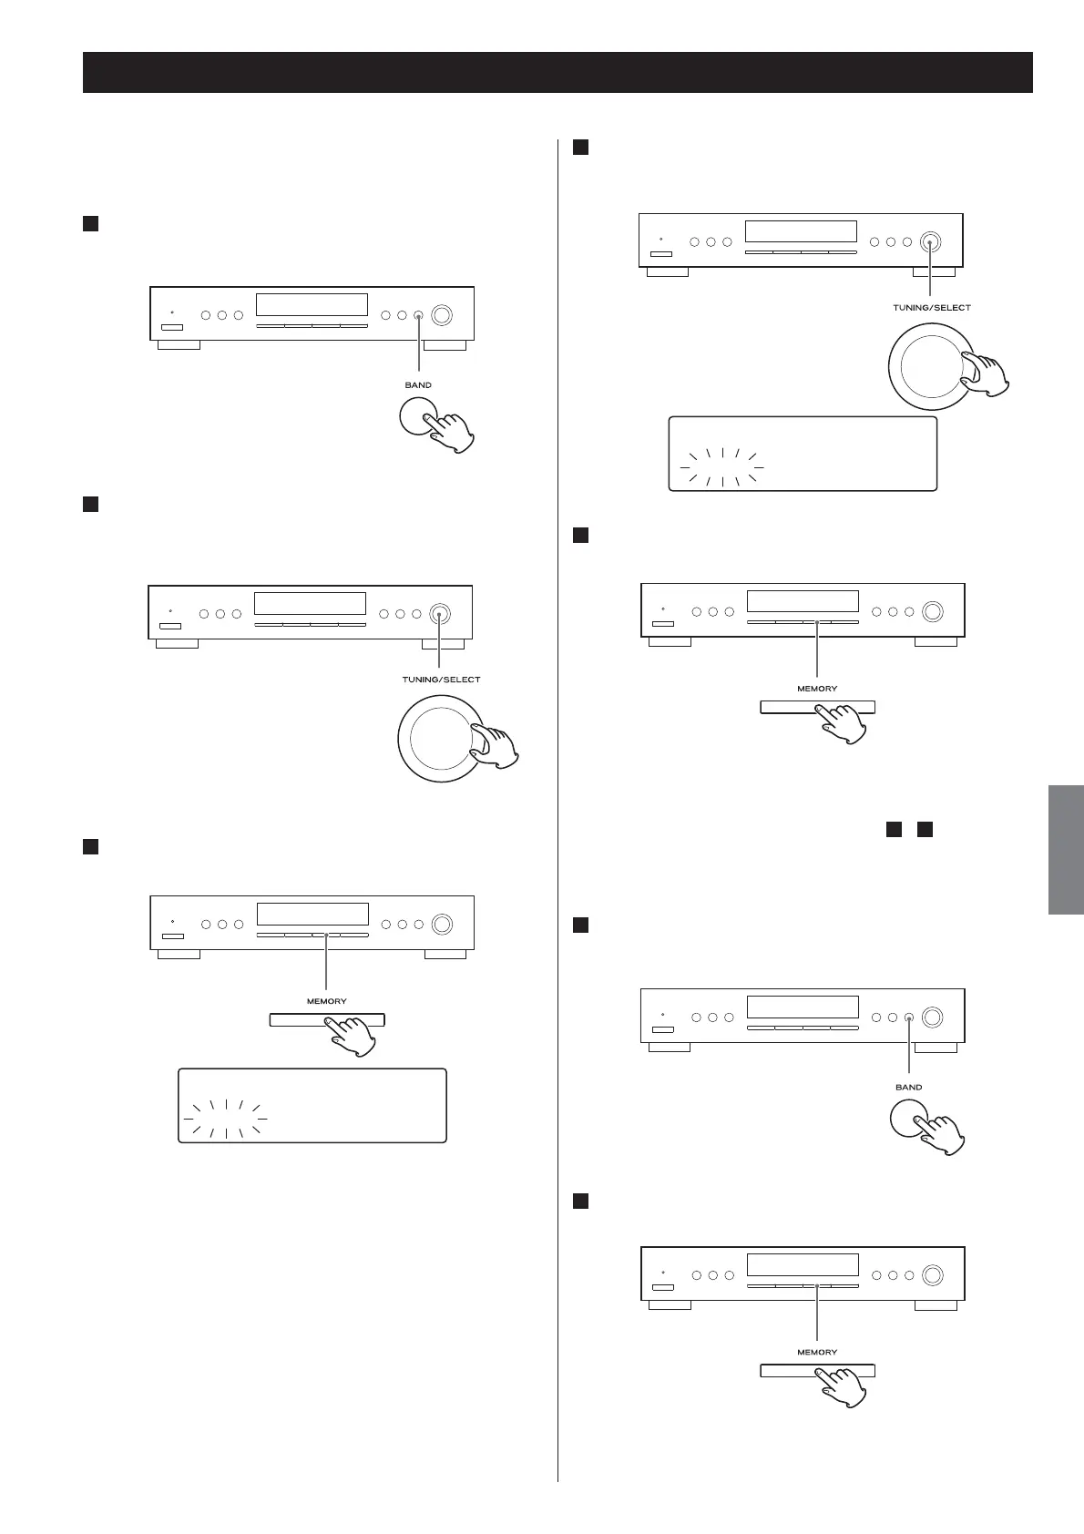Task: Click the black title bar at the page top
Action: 557,72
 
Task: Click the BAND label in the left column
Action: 418,385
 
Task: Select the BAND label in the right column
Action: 908,1088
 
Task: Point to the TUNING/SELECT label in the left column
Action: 441,680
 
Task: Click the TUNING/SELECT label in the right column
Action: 931,308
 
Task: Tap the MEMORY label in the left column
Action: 326,1001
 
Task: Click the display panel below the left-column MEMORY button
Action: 312,1105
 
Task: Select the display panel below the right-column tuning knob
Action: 803,454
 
